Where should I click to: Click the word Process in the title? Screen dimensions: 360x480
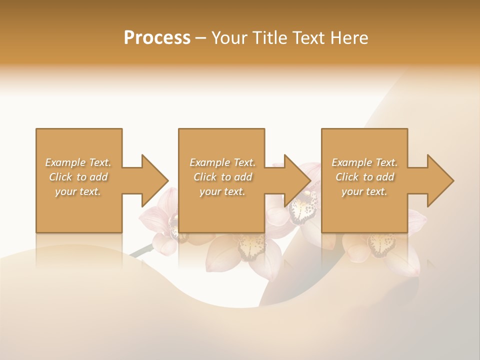[x=157, y=38]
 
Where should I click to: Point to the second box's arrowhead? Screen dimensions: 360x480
[x=298, y=180]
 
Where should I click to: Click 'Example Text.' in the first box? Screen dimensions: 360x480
[x=78, y=162]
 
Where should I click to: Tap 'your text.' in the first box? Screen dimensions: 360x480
[x=78, y=191]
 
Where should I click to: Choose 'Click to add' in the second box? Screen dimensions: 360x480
[x=222, y=177]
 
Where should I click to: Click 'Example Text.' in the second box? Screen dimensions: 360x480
[x=222, y=162]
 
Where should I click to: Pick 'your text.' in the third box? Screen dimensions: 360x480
[x=364, y=191]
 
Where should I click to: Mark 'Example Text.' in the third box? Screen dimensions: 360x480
[x=364, y=162]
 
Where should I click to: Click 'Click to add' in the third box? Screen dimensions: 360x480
[x=364, y=177]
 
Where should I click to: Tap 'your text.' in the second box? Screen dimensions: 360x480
[x=222, y=191]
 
